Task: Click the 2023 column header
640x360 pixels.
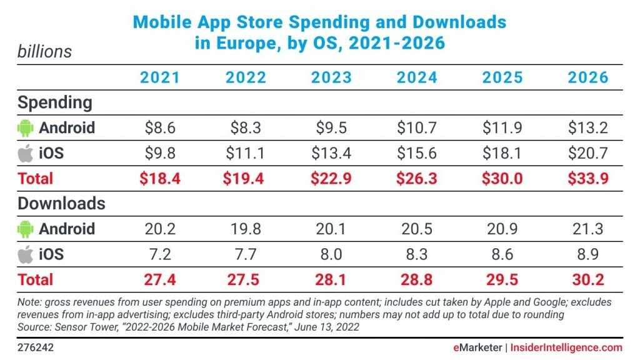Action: tap(331, 77)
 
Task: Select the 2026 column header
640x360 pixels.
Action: tap(587, 77)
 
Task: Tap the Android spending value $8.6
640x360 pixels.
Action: tap(160, 128)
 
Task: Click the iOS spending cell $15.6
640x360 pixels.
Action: tap(417, 153)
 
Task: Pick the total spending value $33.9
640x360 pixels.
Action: tap(587, 179)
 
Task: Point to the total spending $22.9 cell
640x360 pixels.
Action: tap(331, 179)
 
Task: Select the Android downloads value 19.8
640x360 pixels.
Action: tap(246, 229)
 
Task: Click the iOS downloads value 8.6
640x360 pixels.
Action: tap(502, 254)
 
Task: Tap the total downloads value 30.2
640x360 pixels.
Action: tap(587, 279)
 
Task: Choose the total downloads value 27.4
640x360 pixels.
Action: tap(160, 279)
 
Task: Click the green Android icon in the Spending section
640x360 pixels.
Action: tap(25, 128)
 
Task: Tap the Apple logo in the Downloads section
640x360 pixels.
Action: tap(25, 254)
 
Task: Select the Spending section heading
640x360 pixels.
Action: tap(55, 102)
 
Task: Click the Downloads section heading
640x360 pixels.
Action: tap(61, 204)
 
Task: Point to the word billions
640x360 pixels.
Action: tap(44, 51)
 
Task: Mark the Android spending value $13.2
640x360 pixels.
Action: tap(587, 128)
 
